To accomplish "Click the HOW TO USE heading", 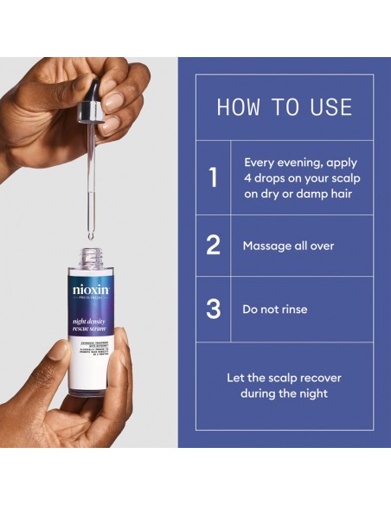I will [284, 107].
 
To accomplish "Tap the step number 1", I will [213, 177].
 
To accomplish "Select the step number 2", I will [213, 246].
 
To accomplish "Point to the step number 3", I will [213, 309].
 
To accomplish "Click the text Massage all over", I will [288, 246].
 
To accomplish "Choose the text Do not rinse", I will [274, 309].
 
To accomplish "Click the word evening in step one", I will [299, 162].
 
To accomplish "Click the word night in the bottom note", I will [310, 393].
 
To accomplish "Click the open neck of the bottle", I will [90, 258].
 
